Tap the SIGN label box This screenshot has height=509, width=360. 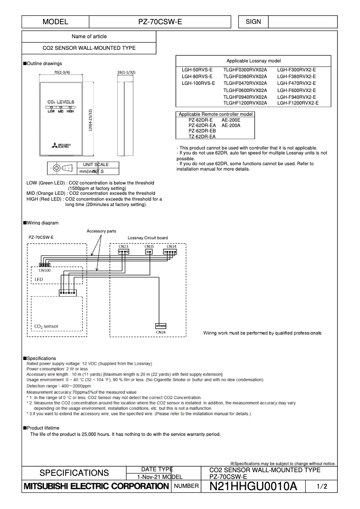pos(253,22)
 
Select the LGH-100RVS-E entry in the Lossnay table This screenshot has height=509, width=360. pos(198,83)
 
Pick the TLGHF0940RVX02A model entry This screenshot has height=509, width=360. pos(245,97)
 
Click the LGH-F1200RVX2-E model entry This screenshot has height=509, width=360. pos(298,103)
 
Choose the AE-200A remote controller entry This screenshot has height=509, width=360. pos(231,126)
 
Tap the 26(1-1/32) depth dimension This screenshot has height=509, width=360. pos(126,72)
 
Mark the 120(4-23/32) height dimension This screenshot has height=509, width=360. pos(91,120)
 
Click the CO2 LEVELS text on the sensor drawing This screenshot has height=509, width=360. pos(61,102)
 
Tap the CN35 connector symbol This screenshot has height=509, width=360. pos(149,251)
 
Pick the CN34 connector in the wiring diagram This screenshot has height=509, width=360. pos(171,251)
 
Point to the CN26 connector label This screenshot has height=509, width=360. pos(161,332)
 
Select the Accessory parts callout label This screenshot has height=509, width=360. pos(101,231)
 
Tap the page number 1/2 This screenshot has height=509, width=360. pos(322,486)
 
